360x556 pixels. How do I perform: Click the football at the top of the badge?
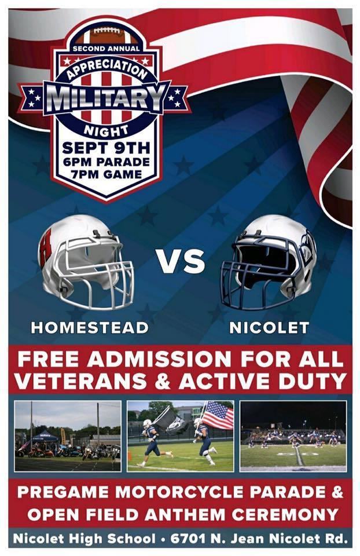(x=106, y=35)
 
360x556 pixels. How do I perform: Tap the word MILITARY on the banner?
(x=106, y=97)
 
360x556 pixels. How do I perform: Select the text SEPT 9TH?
(x=106, y=148)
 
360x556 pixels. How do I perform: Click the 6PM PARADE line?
(x=106, y=162)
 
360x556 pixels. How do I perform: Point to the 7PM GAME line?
(x=106, y=174)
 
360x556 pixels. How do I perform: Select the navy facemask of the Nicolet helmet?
(x=255, y=273)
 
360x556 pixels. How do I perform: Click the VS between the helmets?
(x=181, y=262)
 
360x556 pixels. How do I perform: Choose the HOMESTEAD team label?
(x=90, y=328)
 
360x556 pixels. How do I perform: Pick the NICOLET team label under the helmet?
(x=269, y=328)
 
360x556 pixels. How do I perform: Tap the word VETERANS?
(x=81, y=381)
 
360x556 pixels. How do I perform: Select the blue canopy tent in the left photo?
(x=45, y=437)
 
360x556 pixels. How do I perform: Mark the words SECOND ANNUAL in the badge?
(x=106, y=49)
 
